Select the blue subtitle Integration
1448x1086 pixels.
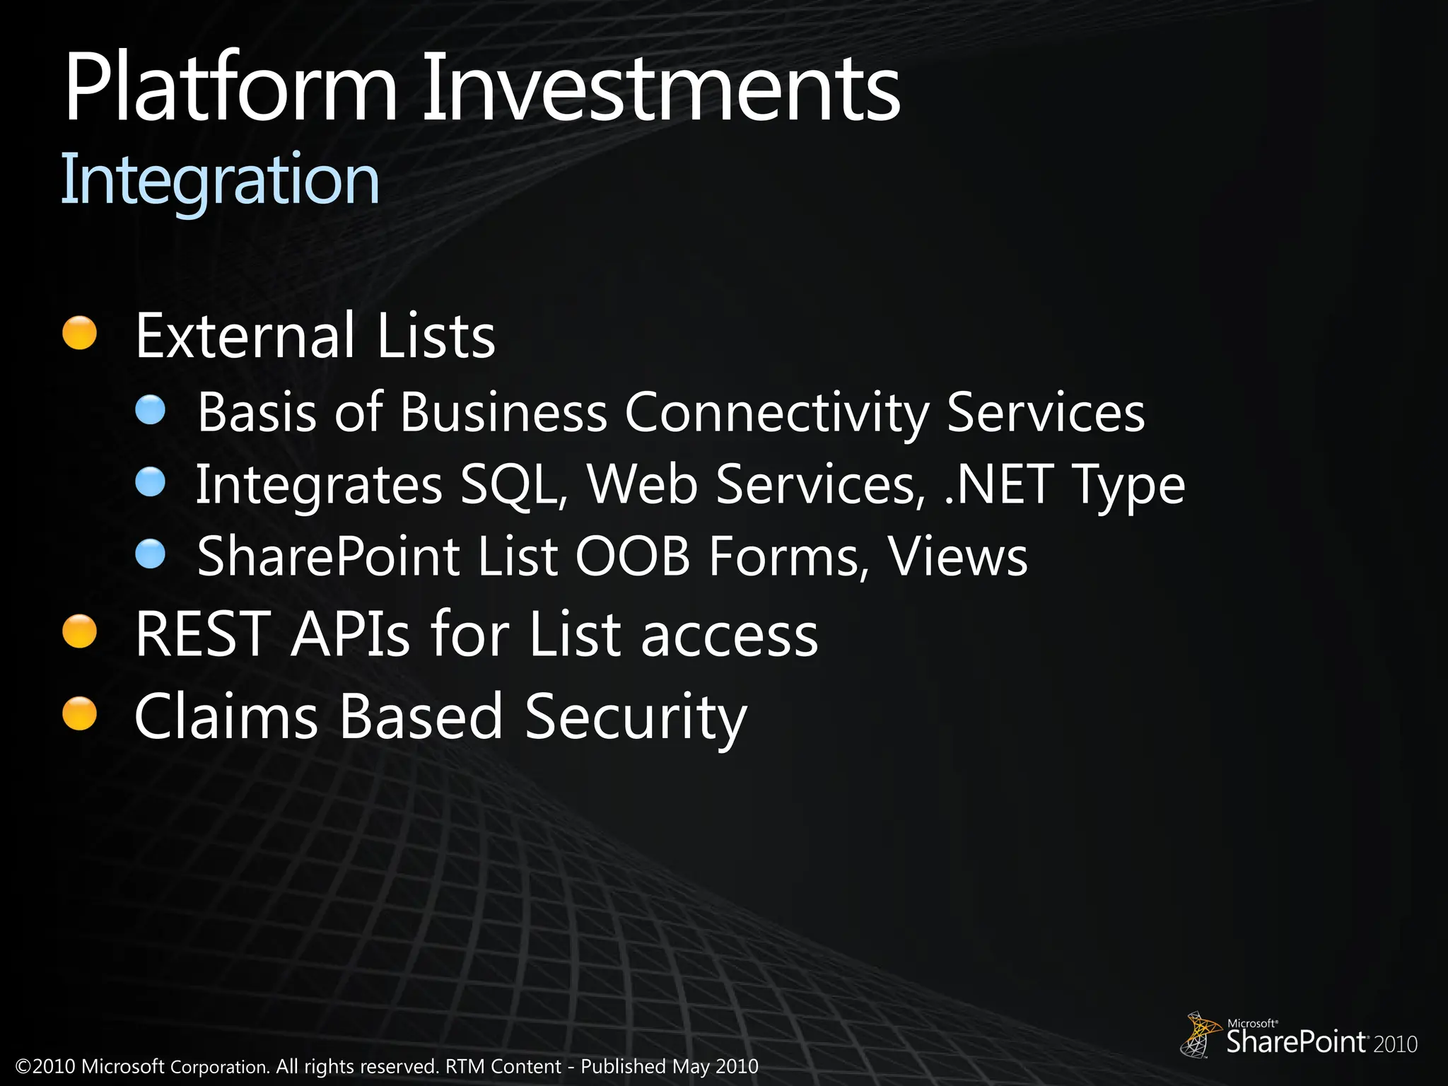click(220, 180)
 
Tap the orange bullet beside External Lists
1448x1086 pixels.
click(79, 332)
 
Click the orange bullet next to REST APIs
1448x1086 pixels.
click(79, 631)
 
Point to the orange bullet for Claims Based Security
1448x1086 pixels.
click(79, 713)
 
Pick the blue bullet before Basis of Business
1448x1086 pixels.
click(151, 410)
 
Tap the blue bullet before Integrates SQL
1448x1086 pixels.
click(151, 483)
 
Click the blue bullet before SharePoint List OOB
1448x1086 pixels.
click(151, 555)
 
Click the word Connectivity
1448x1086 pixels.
click(776, 412)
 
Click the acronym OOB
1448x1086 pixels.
click(632, 557)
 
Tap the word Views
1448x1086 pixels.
click(957, 557)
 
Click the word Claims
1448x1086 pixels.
click(226, 716)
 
